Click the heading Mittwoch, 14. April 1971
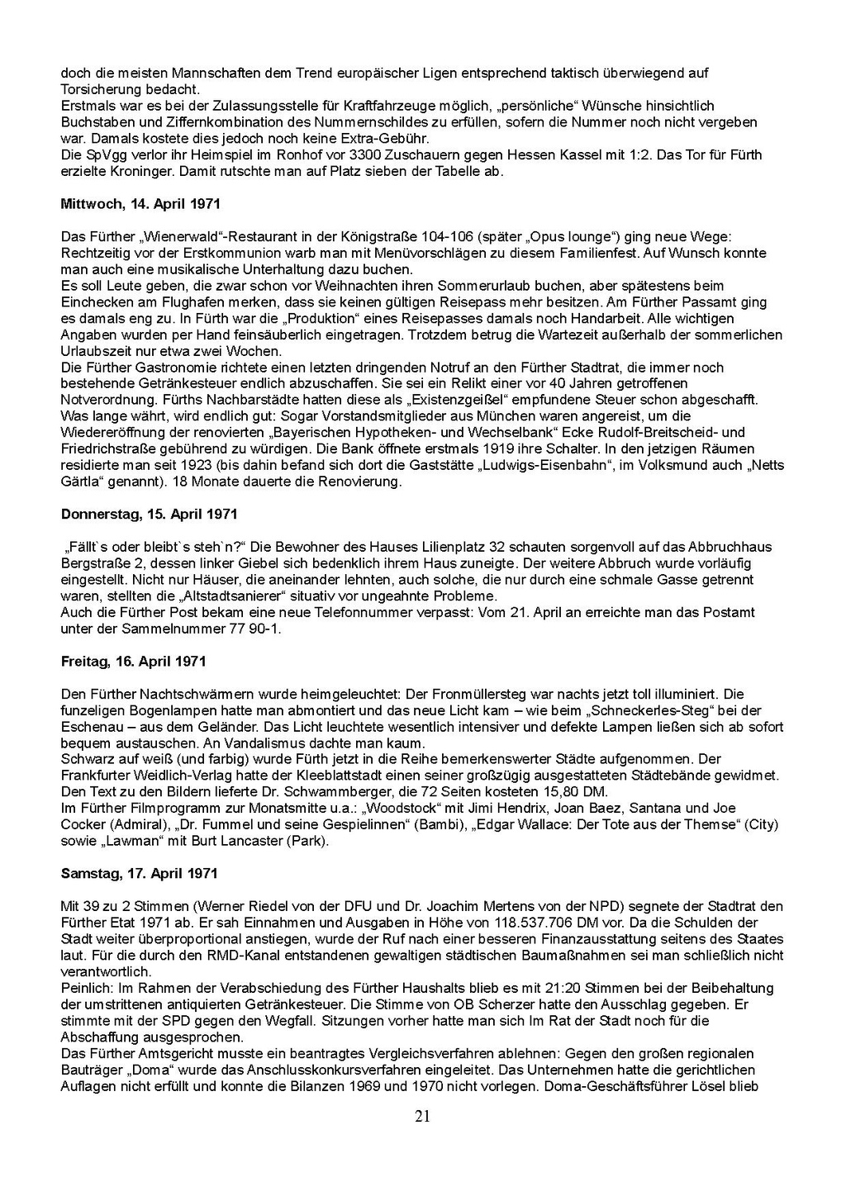140,203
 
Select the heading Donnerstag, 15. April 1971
149,515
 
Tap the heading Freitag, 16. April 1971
133,662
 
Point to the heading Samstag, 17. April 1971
140,873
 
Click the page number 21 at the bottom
422,1118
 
